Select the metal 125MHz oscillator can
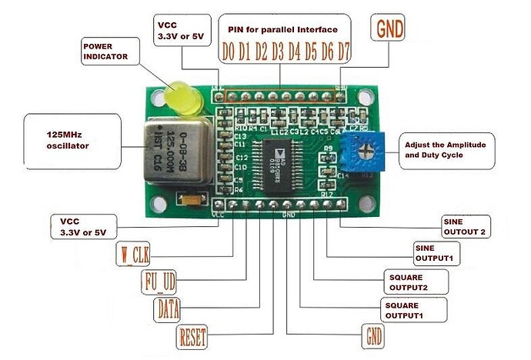[176, 150]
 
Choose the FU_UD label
[160, 280]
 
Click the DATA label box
[169, 309]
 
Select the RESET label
[192, 335]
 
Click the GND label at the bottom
[373, 336]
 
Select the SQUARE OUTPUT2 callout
[412, 282]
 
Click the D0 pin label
[229, 53]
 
